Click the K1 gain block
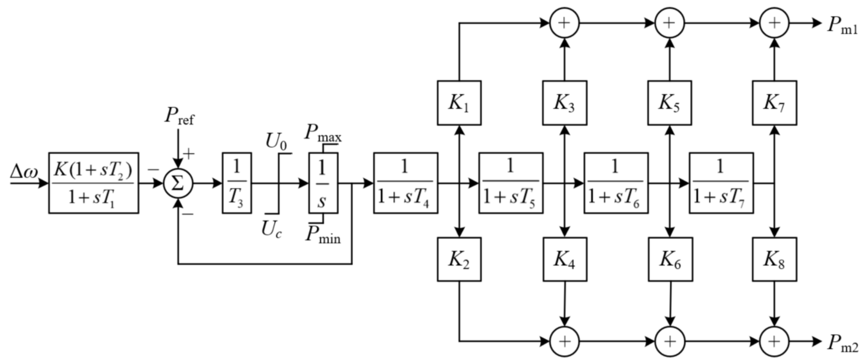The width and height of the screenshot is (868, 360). [459, 103]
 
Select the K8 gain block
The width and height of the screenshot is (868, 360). [774, 259]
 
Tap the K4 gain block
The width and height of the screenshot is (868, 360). [565, 259]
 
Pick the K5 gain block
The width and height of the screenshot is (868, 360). [669, 103]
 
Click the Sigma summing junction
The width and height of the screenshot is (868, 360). [178, 184]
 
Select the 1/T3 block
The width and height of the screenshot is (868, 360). [237, 183]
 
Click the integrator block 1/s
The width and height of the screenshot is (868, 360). [323, 183]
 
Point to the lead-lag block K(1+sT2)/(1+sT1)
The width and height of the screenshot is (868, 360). [93, 183]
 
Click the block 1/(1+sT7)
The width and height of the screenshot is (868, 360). [721, 183]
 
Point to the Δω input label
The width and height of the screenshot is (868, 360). [23, 172]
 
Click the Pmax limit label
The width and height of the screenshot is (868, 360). [323, 133]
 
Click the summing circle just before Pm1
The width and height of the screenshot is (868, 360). [774, 23]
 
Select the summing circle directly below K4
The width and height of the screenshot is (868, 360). [565, 342]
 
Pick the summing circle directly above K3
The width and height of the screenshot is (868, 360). [565, 23]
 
